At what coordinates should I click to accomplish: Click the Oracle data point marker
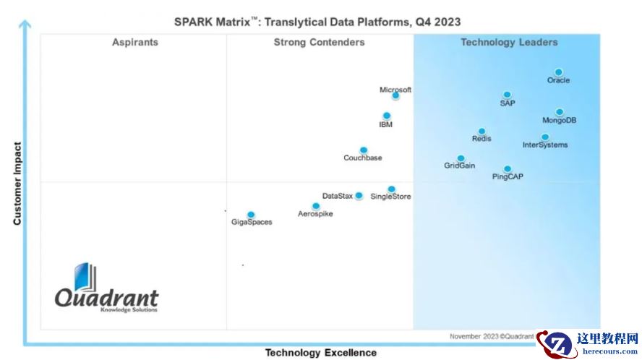[x=558, y=72]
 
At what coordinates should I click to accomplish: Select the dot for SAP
[x=507, y=95]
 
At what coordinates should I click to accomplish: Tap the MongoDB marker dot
[x=559, y=112]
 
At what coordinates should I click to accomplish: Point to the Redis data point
[x=482, y=132]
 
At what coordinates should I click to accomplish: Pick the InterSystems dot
[x=544, y=137]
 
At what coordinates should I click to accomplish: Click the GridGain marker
[x=461, y=158]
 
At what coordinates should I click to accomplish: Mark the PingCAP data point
[x=507, y=169]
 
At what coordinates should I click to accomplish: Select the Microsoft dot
[x=395, y=95]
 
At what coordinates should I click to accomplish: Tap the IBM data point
[x=386, y=116]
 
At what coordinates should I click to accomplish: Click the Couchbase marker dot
[x=363, y=150]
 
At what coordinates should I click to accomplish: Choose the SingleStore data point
[x=391, y=189]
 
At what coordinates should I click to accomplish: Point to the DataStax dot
[x=359, y=195]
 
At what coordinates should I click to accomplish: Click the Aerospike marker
[x=315, y=206]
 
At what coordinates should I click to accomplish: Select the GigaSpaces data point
[x=251, y=215]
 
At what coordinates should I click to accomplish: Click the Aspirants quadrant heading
[x=134, y=43]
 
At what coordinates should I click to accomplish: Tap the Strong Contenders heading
[x=319, y=43]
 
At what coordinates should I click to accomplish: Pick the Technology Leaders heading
[x=509, y=43]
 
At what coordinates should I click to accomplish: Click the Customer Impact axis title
[x=17, y=184]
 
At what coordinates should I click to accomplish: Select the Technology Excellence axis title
[x=320, y=353]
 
